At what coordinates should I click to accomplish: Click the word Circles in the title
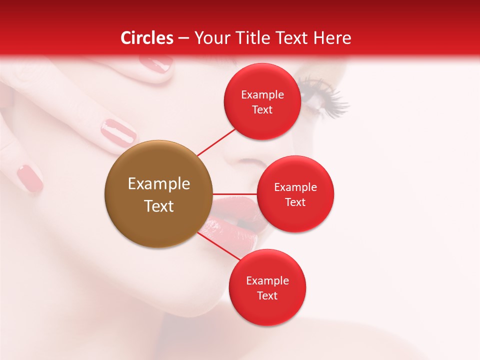tap(147, 38)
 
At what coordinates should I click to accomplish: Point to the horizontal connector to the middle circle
tap(234, 193)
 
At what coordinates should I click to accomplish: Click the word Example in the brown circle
tap(159, 184)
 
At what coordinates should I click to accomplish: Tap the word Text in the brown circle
tap(159, 206)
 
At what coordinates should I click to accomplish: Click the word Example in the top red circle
tap(262, 95)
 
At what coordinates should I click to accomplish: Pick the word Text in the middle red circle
tap(295, 202)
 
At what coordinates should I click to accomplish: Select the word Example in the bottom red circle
tap(267, 281)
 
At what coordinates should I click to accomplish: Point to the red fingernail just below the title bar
tap(155, 64)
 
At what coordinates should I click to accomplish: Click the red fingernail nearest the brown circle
tap(118, 132)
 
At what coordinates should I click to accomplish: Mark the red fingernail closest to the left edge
tap(29, 178)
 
